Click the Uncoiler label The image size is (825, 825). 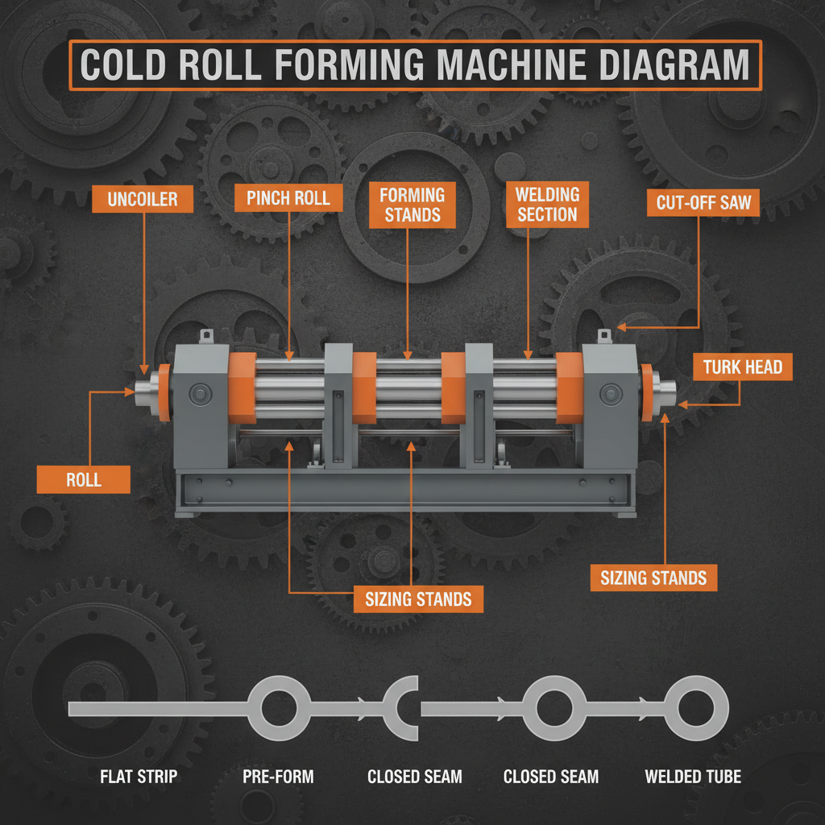pyautogui.click(x=143, y=199)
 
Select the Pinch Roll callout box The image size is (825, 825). pyautogui.click(x=288, y=198)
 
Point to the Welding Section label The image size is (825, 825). pyautogui.click(x=547, y=205)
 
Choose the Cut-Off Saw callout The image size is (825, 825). pyautogui.click(x=703, y=203)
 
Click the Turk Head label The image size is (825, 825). pyautogui.click(x=742, y=367)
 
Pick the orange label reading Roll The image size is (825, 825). pyautogui.click(x=84, y=480)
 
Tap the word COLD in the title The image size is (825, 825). pyautogui.click(x=134, y=64)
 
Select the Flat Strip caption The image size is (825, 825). pyautogui.click(x=138, y=777)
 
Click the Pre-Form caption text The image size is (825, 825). pyautogui.click(x=278, y=777)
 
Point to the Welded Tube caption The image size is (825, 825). pyautogui.click(x=693, y=777)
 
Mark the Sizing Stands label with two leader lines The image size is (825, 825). pyautogui.click(x=418, y=599)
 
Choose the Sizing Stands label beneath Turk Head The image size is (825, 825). pyautogui.click(x=653, y=578)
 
